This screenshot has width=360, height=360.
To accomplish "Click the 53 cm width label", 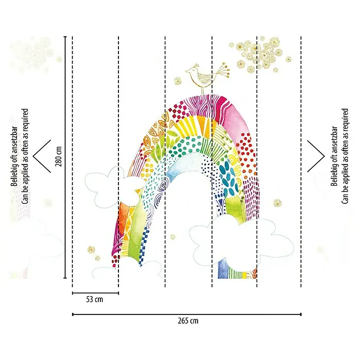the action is point(95,299).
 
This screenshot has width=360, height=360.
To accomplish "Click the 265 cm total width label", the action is point(188,321).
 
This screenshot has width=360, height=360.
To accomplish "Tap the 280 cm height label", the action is point(58,156).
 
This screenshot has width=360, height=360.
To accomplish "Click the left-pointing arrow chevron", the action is point(42,156).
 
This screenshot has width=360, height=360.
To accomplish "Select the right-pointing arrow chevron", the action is point(316,156).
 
